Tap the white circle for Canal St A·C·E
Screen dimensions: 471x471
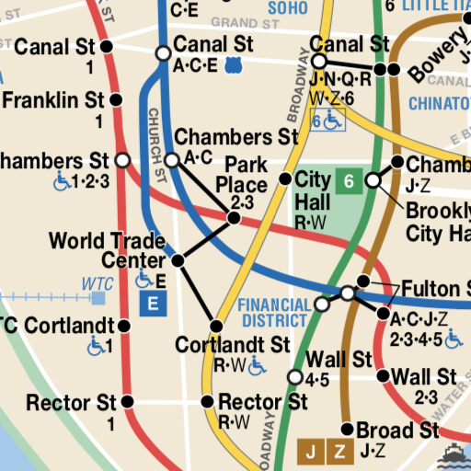(x=163, y=54)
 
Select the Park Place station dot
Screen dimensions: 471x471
(x=234, y=218)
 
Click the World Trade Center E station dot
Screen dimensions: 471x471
(x=178, y=261)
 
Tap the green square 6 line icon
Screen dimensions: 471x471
(x=349, y=181)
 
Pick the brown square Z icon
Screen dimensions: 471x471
(x=340, y=451)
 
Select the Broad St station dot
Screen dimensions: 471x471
(x=347, y=430)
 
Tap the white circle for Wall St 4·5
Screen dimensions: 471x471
(x=295, y=377)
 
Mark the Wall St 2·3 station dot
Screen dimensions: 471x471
(x=384, y=375)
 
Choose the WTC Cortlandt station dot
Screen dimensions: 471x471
(x=124, y=326)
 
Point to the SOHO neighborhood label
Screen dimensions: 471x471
(x=287, y=8)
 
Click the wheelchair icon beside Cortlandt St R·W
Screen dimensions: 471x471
(x=257, y=365)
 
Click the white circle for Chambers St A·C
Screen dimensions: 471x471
(x=171, y=160)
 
